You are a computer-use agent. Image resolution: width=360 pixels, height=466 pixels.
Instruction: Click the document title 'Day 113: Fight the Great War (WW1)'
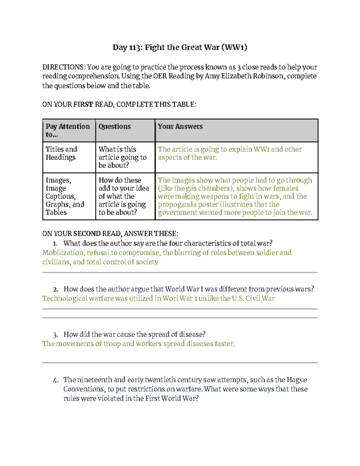click(180, 47)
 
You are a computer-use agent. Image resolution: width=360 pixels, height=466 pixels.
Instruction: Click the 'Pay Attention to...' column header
click(68, 130)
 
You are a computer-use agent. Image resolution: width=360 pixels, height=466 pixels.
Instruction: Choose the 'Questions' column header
click(115, 127)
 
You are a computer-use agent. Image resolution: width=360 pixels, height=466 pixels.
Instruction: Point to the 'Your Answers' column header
click(180, 127)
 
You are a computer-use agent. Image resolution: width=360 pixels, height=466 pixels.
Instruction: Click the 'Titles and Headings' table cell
click(61, 153)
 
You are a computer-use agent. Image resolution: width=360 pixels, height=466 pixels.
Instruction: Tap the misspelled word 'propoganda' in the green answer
click(173, 205)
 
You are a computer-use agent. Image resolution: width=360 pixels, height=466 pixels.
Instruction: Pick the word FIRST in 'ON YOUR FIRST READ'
click(83, 104)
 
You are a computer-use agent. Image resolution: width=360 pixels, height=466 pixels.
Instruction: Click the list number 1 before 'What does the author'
click(55, 244)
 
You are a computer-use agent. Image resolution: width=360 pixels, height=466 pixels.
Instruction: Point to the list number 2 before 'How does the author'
click(55, 290)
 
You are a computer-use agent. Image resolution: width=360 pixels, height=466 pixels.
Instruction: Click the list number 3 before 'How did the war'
click(55, 335)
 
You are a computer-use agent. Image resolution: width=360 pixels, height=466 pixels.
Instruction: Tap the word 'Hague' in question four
click(297, 380)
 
